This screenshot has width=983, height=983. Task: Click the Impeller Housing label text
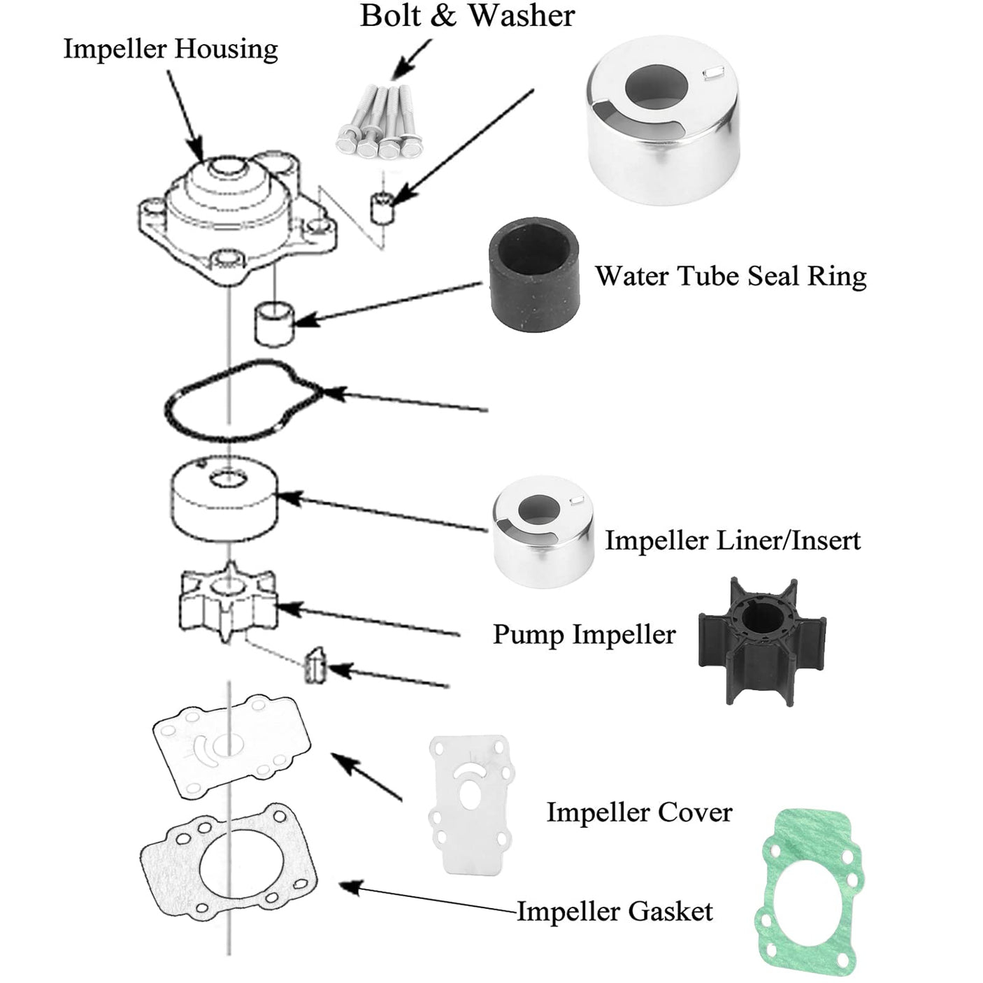pyautogui.click(x=171, y=50)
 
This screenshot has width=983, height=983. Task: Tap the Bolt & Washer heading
pyautogui.click(x=467, y=16)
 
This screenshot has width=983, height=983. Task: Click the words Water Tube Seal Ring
pyautogui.click(x=731, y=276)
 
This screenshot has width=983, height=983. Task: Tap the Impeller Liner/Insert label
pyautogui.click(x=732, y=540)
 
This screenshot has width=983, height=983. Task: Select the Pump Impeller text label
pyautogui.click(x=584, y=635)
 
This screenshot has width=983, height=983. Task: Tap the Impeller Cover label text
pyautogui.click(x=639, y=812)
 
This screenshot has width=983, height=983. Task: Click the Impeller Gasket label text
pyautogui.click(x=615, y=912)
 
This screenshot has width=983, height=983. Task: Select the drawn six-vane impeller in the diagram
pyautogui.click(x=228, y=601)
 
